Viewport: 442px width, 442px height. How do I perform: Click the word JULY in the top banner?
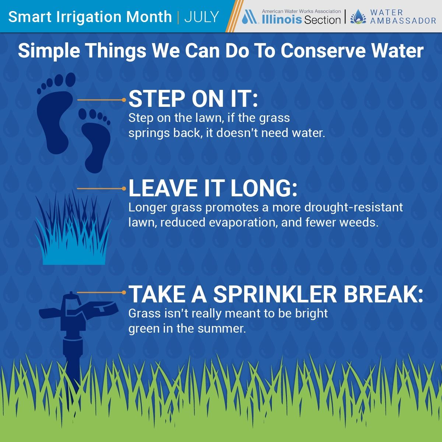point(201,17)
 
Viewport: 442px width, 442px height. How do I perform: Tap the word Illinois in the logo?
point(282,20)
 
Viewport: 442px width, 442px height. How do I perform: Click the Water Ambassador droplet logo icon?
point(358,17)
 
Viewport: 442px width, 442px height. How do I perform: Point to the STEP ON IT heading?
point(193,99)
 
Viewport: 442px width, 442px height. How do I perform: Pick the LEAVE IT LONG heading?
point(213,188)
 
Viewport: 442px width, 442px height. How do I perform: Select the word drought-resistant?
point(354,207)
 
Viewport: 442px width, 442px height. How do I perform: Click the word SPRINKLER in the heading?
point(275,294)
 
